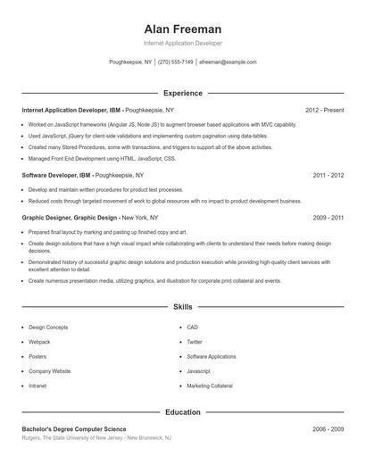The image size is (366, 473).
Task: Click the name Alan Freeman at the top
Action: (183, 29)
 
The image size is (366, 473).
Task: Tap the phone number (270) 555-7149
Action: (177, 62)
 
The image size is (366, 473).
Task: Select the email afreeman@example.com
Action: (228, 62)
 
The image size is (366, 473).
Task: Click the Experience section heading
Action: (183, 93)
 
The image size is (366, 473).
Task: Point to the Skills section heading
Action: (183, 306)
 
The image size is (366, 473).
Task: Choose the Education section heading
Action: (183, 412)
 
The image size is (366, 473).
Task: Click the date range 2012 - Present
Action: (324, 110)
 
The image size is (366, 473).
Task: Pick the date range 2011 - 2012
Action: (329, 176)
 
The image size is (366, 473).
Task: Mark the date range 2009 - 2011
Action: (329, 217)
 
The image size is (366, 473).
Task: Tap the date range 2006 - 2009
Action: (329, 429)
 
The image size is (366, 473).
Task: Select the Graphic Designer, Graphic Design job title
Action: (70, 217)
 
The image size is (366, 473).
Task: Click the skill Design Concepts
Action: (48, 328)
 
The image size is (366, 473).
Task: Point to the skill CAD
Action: (193, 328)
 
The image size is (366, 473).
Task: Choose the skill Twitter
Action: (195, 342)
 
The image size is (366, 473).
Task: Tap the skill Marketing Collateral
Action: (209, 386)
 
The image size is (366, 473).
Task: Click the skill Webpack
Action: (40, 342)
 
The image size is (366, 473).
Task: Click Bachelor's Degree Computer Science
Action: (80, 429)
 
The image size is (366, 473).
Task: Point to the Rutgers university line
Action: (96, 439)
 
